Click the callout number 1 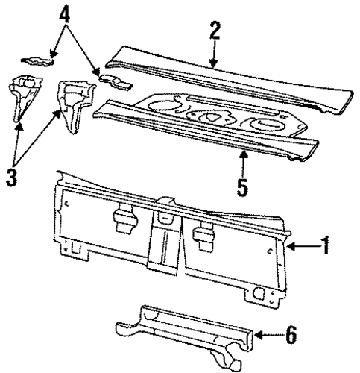tap(324, 245)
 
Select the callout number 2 tap(215, 31)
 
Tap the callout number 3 tap(12, 177)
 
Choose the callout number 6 tap(291, 335)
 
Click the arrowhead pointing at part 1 tap(291, 246)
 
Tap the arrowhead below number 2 tap(213, 63)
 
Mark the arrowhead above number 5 tap(244, 154)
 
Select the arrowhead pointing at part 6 tap(259, 335)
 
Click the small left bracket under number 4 tap(38, 61)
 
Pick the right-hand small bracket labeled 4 tap(116, 81)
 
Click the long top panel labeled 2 tap(228, 79)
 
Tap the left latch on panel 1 tap(125, 217)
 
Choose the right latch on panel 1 tap(204, 236)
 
